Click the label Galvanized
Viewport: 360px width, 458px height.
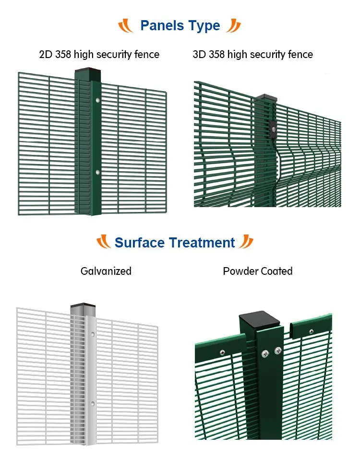pyautogui.click(x=106, y=271)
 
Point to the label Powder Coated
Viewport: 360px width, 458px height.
pyautogui.click(x=258, y=271)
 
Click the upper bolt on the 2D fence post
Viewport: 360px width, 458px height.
pyautogui.click(x=97, y=100)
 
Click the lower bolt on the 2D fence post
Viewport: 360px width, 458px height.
pyautogui.click(x=97, y=171)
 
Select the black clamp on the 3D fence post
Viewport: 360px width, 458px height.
pyautogui.click(x=273, y=129)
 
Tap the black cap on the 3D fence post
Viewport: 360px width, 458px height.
pyautogui.click(x=267, y=97)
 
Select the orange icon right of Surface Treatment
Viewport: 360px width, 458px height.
pyautogui.click(x=246, y=242)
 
